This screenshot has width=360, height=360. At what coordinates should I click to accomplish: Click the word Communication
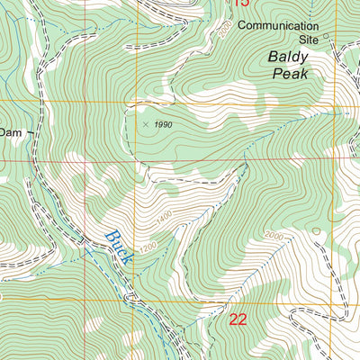(x=279, y=26)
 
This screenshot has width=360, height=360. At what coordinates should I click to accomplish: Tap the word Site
(x=309, y=40)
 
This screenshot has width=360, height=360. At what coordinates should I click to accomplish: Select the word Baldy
(x=288, y=57)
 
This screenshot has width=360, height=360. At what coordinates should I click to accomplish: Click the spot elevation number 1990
(x=162, y=124)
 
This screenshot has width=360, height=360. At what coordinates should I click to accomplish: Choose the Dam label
(x=11, y=130)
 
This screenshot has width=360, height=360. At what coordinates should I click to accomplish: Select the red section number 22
(x=238, y=319)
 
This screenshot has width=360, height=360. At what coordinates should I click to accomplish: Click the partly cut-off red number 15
(x=239, y=4)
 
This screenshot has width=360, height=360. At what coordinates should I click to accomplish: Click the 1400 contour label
(x=163, y=220)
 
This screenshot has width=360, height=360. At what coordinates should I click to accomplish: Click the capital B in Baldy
(x=273, y=57)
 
